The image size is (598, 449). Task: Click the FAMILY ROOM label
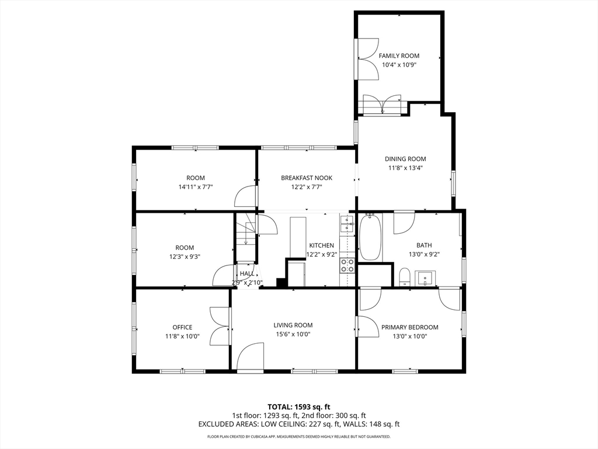pos(399,56)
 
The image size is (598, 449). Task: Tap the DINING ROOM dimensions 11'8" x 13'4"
pos(405,168)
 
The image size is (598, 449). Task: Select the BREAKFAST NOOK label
pos(307,178)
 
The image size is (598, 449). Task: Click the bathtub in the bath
pos(370,237)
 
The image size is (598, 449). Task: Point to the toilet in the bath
pos(404,277)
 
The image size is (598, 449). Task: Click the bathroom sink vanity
pos(425,278)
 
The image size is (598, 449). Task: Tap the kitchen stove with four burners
pos(347,265)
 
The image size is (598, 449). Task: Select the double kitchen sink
pos(347,224)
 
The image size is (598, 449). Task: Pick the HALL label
pos(247,274)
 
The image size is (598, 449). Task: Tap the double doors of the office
pos(220,327)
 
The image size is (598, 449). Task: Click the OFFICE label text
pos(182,327)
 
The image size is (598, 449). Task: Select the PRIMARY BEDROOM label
pos(409,327)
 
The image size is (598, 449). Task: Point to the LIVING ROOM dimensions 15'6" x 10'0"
pos(293,334)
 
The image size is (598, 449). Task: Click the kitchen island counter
pos(298,237)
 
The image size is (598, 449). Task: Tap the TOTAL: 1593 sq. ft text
pos(298,407)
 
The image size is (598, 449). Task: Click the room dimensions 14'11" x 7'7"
pos(196,187)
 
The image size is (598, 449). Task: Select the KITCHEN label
pos(322,246)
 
